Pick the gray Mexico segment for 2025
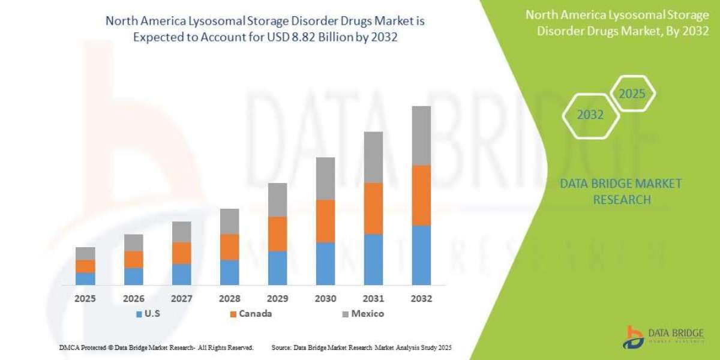point(85,253)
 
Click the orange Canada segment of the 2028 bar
point(229,247)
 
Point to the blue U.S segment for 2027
point(181,274)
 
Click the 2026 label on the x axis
point(133,298)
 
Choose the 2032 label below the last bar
point(421,298)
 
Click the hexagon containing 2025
point(632,94)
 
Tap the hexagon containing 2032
point(590,115)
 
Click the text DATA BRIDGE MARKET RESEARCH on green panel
point(621,191)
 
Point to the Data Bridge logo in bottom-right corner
point(665,337)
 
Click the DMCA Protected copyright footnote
point(156,347)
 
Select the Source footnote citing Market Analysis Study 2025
point(361,347)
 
